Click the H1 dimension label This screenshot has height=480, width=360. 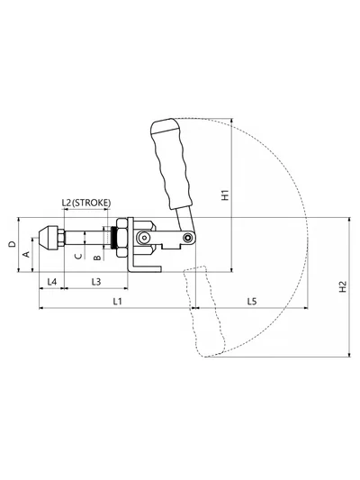(225, 195)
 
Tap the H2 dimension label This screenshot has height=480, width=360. (343, 287)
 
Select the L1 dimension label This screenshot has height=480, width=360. (118, 302)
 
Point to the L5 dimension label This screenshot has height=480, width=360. (252, 302)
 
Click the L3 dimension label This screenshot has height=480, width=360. (96, 282)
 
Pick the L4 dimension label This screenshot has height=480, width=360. (52, 282)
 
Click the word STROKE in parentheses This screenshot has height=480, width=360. (92, 203)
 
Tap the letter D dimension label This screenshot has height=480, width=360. (12, 244)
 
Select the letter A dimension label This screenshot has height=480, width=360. (27, 254)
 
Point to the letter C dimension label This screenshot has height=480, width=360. (78, 256)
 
